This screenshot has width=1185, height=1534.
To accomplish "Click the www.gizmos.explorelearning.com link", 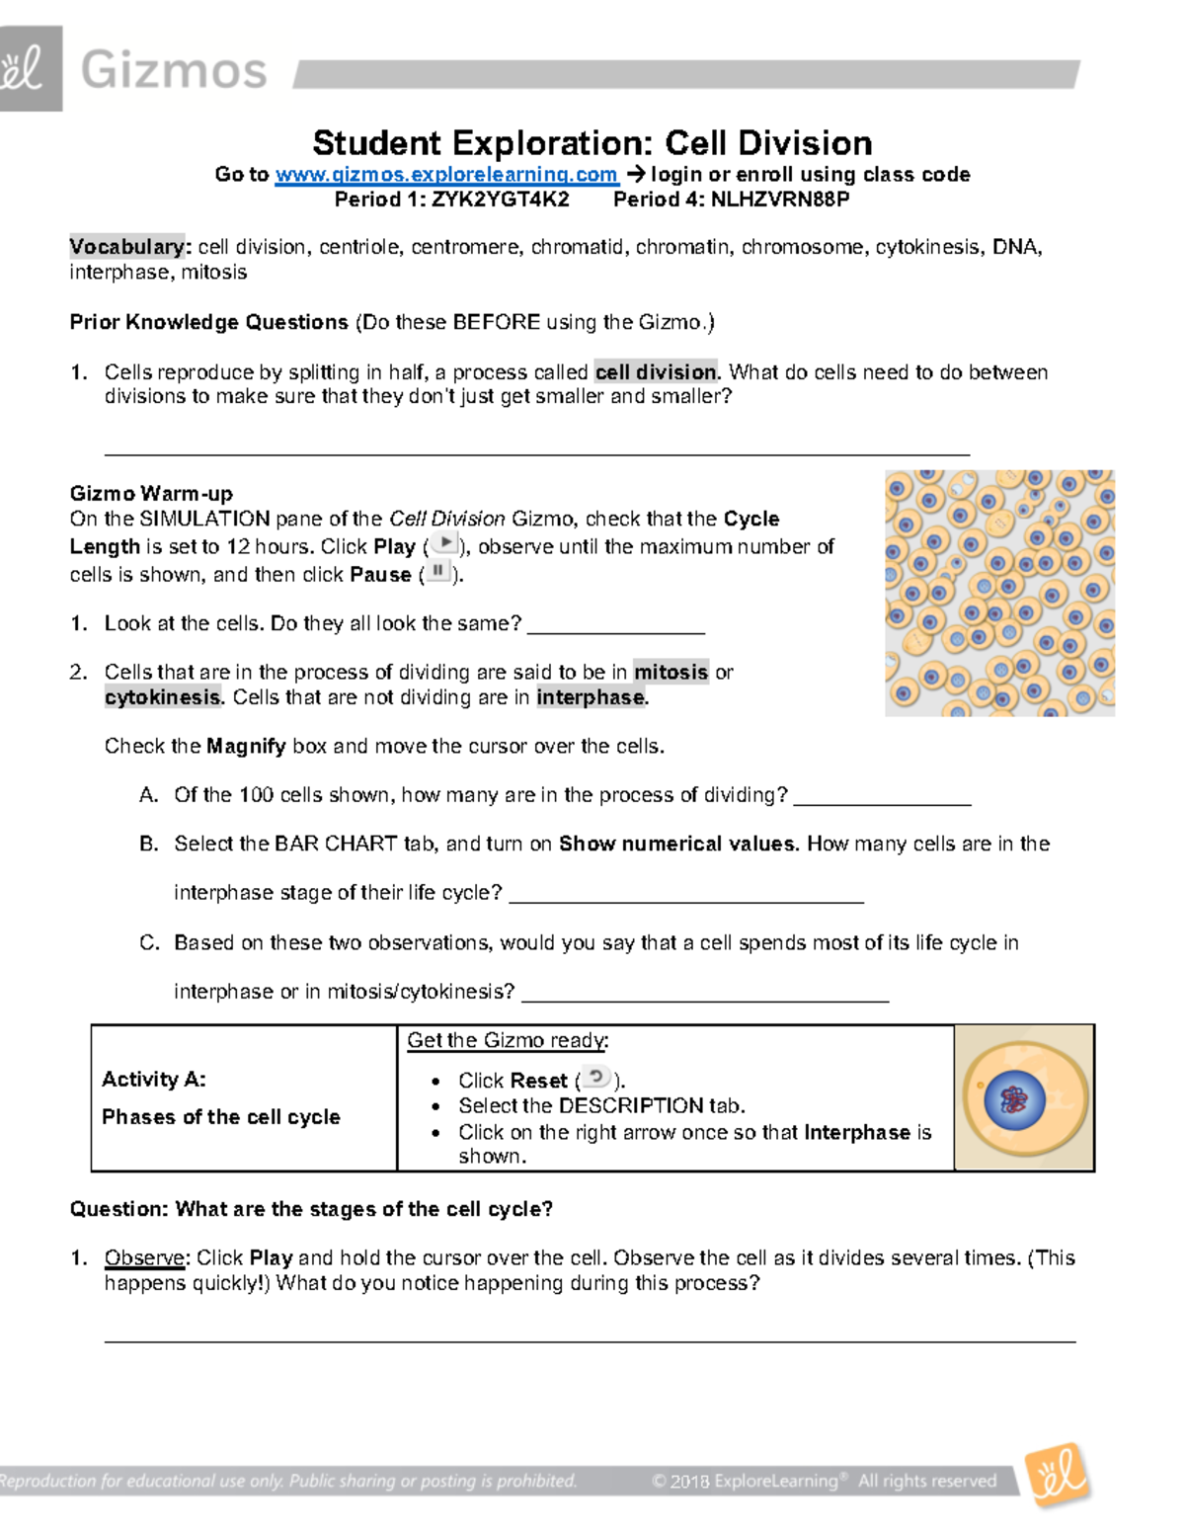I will coord(446,175).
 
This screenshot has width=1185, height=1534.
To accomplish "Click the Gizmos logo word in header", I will coord(174,71).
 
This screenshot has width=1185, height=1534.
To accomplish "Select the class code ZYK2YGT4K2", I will coord(500,200).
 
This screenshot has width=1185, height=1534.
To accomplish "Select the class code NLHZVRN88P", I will coord(780,200).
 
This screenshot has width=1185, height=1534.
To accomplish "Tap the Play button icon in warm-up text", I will coord(446,543).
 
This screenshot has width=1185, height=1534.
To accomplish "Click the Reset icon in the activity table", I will coord(595,1078).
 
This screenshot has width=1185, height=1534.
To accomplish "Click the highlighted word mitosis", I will coord(671,673).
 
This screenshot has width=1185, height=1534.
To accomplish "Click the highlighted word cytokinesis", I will coord(163,697).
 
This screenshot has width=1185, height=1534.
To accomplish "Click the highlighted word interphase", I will coord(591,697).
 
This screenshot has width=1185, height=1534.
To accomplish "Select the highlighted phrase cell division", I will coord(657,372).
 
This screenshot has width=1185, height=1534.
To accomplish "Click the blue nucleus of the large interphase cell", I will coord(1014,1098).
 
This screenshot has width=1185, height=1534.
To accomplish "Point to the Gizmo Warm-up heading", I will coord(151,493).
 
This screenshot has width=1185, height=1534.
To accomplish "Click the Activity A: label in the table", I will coord(154,1080).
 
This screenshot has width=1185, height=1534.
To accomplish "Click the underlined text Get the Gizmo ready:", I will coord(508,1040).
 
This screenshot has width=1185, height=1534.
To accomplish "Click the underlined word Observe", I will coord(144,1258).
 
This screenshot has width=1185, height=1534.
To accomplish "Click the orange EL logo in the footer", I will coord(1058,1476).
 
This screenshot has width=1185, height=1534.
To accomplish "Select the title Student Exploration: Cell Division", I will coord(592,143).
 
